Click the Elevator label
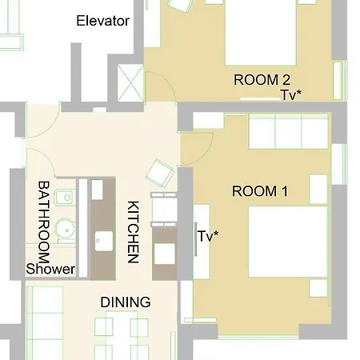pyautogui.click(x=103, y=21)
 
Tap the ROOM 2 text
pyautogui.click(x=262, y=80)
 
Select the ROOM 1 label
pyautogui.click(x=260, y=191)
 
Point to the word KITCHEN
pyautogui.click(x=133, y=232)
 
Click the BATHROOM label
pyautogui.click(x=44, y=222)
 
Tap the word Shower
pyautogui.click(x=50, y=269)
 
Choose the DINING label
pyautogui.click(x=126, y=302)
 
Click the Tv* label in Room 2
pyautogui.click(x=291, y=95)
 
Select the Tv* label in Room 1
pyautogui.click(x=208, y=236)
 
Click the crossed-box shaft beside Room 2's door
pyautogui.click(x=130, y=83)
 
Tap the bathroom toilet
pyautogui.click(x=66, y=230)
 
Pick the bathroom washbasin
pyautogui.click(x=65, y=198)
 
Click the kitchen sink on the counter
pyautogui.click(x=104, y=241)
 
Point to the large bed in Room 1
pyautogui.click(x=288, y=242)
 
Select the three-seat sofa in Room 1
pyautogui.click(x=288, y=131)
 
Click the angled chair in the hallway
pyautogui.click(x=160, y=173)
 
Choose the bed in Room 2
pyautogui.click(x=261, y=33)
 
